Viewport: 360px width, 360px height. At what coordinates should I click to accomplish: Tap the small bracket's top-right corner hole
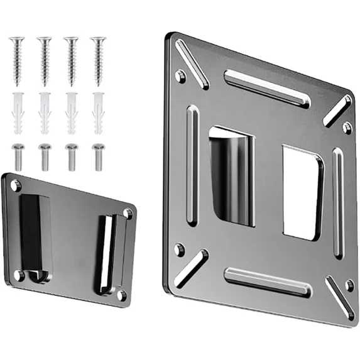128,214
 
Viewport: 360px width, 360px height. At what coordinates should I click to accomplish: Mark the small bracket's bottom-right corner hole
121,293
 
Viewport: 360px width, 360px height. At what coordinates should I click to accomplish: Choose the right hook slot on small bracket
105,254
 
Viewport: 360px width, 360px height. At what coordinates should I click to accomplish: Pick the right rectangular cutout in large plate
302,194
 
